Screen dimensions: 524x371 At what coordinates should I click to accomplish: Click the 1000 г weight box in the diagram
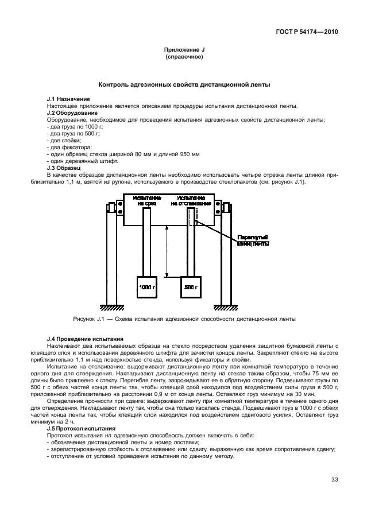(x=146, y=286)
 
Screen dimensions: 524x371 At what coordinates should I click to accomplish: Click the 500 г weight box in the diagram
(x=191, y=286)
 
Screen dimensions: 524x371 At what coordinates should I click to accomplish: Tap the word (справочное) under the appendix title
(x=184, y=57)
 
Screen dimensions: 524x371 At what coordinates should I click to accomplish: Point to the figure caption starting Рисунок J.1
(x=184, y=319)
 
